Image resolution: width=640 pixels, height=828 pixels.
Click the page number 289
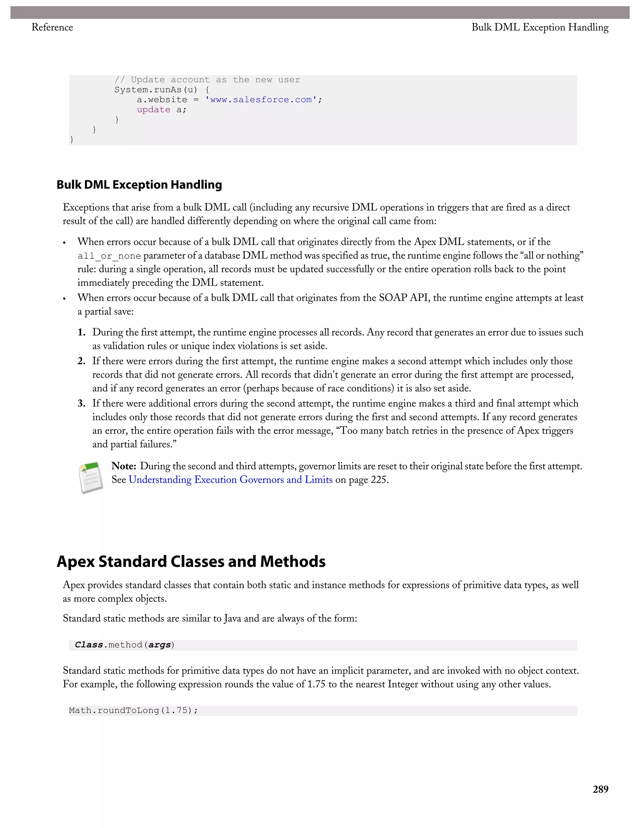tap(600, 789)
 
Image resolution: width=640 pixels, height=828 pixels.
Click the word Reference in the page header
tap(52, 27)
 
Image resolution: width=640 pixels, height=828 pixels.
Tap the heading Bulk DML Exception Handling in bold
tap(139, 185)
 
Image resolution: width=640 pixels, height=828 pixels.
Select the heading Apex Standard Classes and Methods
tap(191, 561)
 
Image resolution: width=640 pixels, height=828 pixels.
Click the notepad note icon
tap(91, 478)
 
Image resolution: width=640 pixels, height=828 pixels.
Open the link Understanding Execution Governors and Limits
tap(231, 480)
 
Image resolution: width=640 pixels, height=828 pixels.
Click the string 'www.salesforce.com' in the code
tap(261, 100)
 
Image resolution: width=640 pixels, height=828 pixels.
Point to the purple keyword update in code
tap(153, 110)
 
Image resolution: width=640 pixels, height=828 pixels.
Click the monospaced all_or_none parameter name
tap(109, 256)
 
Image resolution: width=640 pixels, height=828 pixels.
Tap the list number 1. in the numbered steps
tap(82, 332)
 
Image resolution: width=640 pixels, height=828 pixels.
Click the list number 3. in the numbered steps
tap(82, 403)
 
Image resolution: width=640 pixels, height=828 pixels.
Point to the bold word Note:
tap(124, 466)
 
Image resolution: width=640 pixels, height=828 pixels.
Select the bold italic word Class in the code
tap(89, 645)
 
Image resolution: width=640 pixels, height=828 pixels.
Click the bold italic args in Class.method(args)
tap(159, 645)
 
